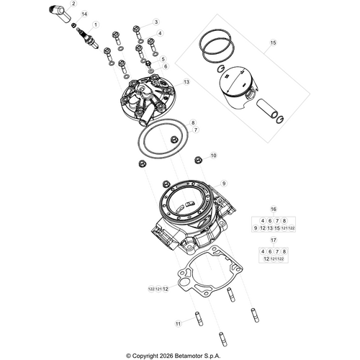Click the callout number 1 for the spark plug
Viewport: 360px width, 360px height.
(x=96, y=24)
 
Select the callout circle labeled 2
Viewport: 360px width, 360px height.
(x=92, y=4)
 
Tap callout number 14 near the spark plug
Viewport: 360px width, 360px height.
(x=84, y=14)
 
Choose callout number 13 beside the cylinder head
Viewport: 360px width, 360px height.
(x=186, y=82)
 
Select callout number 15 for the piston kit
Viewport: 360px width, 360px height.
(x=273, y=43)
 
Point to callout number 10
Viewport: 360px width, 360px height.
(x=213, y=156)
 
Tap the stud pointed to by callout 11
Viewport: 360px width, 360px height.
(x=197, y=318)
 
